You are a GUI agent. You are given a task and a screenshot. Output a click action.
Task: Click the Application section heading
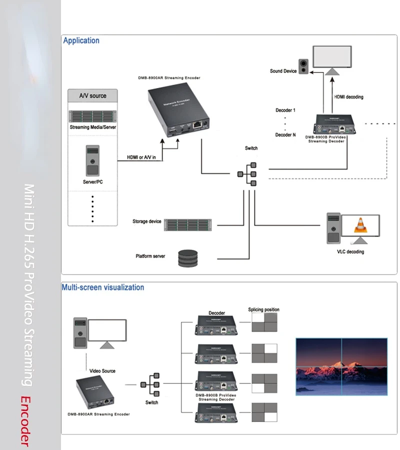[x=81, y=41]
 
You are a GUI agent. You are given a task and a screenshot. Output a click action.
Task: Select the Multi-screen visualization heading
[x=102, y=287]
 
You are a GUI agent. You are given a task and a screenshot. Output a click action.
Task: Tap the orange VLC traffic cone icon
[x=359, y=225]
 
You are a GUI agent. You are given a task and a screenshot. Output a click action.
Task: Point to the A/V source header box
[x=93, y=95]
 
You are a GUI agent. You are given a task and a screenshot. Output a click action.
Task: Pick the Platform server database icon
[x=187, y=258]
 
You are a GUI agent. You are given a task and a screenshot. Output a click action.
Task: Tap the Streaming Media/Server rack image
[x=93, y=116]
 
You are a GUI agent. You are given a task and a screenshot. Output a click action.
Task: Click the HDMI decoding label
[x=348, y=97]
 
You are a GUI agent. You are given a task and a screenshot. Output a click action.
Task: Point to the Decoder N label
[x=285, y=135]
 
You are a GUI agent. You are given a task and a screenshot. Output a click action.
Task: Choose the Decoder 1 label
[x=285, y=110]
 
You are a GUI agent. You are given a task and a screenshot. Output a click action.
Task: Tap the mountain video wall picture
[x=341, y=367]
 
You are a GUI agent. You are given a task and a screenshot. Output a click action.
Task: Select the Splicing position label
[x=263, y=309]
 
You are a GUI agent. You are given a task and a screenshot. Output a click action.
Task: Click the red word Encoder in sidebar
[x=25, y=420]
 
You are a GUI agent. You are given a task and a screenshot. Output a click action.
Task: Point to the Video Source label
[x=102, y=371]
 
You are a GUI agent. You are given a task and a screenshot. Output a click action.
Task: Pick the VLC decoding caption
[x=350, y=251]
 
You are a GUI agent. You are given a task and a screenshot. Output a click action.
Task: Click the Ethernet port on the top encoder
[x=197, y=123]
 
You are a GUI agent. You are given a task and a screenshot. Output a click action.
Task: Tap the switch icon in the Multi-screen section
[x=150, y=384]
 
